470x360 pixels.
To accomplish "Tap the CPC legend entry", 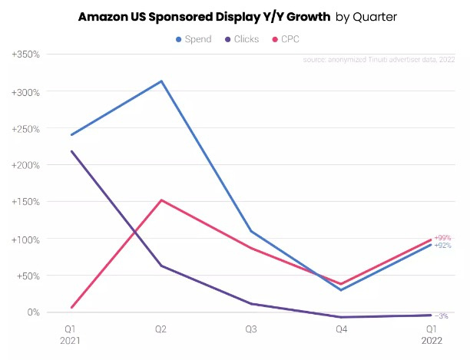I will (286, 38).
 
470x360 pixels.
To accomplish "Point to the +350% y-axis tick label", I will (25, 54).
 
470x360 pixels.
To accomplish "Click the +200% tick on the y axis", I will (25, 165).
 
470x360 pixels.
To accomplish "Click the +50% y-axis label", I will (28, 276).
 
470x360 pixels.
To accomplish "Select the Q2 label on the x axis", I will (161, 328).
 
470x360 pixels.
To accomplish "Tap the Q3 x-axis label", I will (251, 328).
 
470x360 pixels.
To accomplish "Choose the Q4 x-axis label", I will (341, 328).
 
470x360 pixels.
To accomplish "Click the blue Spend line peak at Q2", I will (161, 81).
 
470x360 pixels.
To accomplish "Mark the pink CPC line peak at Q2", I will (161, 200).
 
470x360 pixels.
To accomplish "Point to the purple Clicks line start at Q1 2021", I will (71, 151).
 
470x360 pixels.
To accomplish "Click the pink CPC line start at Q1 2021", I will (71, 308).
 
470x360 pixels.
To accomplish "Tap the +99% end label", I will (442, 238).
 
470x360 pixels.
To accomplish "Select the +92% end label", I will (442, 246).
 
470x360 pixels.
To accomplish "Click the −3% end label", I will (442, 316).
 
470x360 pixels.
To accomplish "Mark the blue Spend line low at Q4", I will (341, 290).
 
